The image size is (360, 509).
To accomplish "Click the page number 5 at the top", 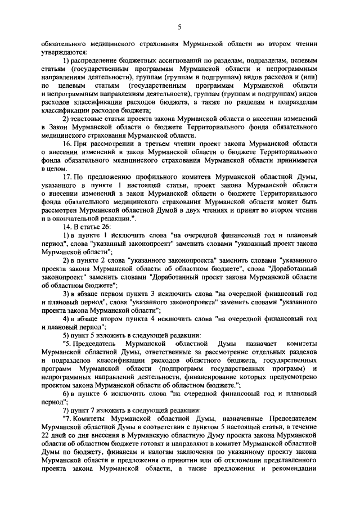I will [x=179, y=26].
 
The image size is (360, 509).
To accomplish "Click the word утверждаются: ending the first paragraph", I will [x=61, y=51].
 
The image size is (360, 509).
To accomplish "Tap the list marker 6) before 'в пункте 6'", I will [x=66, y=394].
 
